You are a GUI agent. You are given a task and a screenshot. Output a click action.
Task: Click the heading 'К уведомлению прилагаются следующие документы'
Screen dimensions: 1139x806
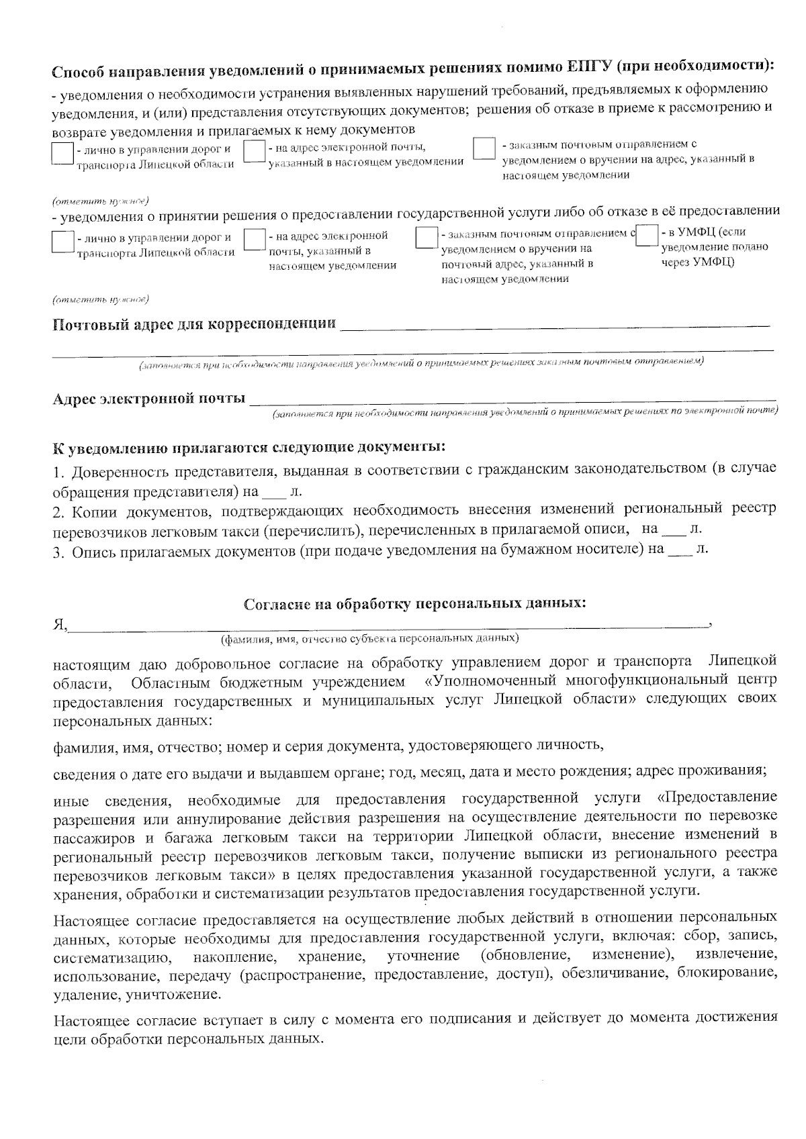[x=249, y=447]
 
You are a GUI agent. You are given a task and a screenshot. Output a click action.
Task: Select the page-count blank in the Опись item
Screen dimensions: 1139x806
[x=680, y=550]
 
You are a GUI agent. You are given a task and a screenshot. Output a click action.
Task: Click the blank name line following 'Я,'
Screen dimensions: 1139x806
[x=390, y=625]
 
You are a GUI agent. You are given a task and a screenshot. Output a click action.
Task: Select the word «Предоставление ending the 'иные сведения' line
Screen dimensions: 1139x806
[x=717, y=799]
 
